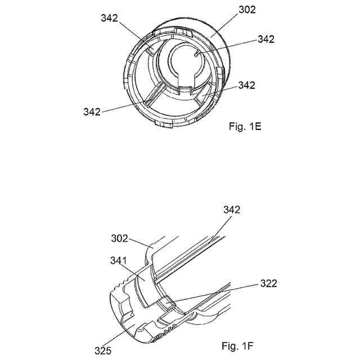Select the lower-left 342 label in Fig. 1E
[x=92, y=111]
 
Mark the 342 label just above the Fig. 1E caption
[x=246, y=85]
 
